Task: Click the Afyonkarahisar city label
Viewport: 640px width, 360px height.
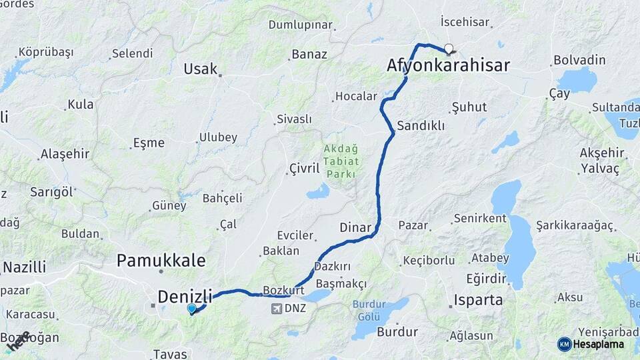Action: pos(448,65)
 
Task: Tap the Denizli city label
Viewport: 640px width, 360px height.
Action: pos(185,296)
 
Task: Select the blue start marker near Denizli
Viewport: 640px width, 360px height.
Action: pos(192,309)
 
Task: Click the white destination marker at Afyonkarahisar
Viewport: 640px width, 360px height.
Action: pos(449,48)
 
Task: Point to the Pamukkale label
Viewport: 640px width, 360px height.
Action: pos(161,260)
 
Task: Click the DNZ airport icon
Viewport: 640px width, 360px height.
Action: pos(277,309)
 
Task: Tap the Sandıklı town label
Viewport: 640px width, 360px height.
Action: pos(421,125)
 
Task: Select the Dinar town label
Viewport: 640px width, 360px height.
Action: pos(355,227)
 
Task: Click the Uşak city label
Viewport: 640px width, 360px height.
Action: pos(201,69)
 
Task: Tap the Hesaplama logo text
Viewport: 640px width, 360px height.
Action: pos(599,344)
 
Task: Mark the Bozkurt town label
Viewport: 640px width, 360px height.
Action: pos(284,291)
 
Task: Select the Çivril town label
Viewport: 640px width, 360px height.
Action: pos(305,168)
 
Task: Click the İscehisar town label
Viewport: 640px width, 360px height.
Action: pos(465,22)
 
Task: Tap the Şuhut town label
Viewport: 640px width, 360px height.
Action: pos(469,107)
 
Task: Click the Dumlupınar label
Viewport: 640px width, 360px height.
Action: pos(300,25)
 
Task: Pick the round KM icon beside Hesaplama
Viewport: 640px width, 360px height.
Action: pos(565,344)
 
